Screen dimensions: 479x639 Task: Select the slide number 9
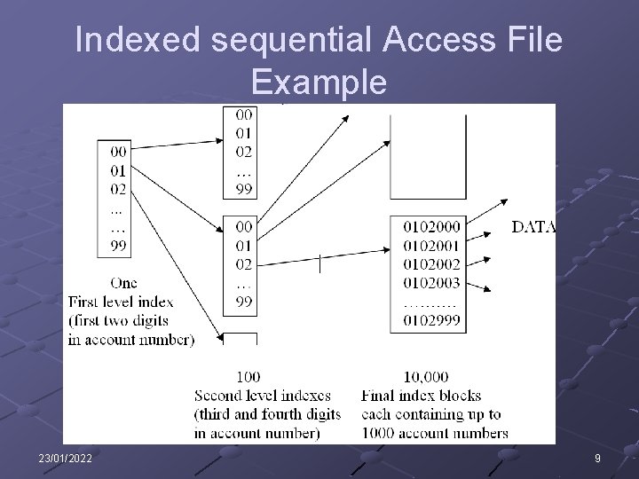[x=596, y=457]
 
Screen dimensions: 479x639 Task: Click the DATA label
[x=534, y=227]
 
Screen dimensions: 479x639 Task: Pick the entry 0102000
[x=431, y=227]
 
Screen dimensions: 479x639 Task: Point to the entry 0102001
[x=431, y=246]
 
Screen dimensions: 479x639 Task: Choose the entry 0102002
[x=431, y=264]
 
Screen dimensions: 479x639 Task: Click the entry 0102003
[x=431, y=283]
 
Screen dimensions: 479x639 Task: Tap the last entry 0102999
[x=431, y=320]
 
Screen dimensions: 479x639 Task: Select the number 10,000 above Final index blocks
[x=425, y=377]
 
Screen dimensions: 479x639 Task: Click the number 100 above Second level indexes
[x=248, y=377]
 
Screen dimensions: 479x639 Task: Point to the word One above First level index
[x=123, y=283]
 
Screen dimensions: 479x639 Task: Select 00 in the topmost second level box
[x=243, y=114]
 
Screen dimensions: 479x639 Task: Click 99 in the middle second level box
[x=243, y=302]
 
